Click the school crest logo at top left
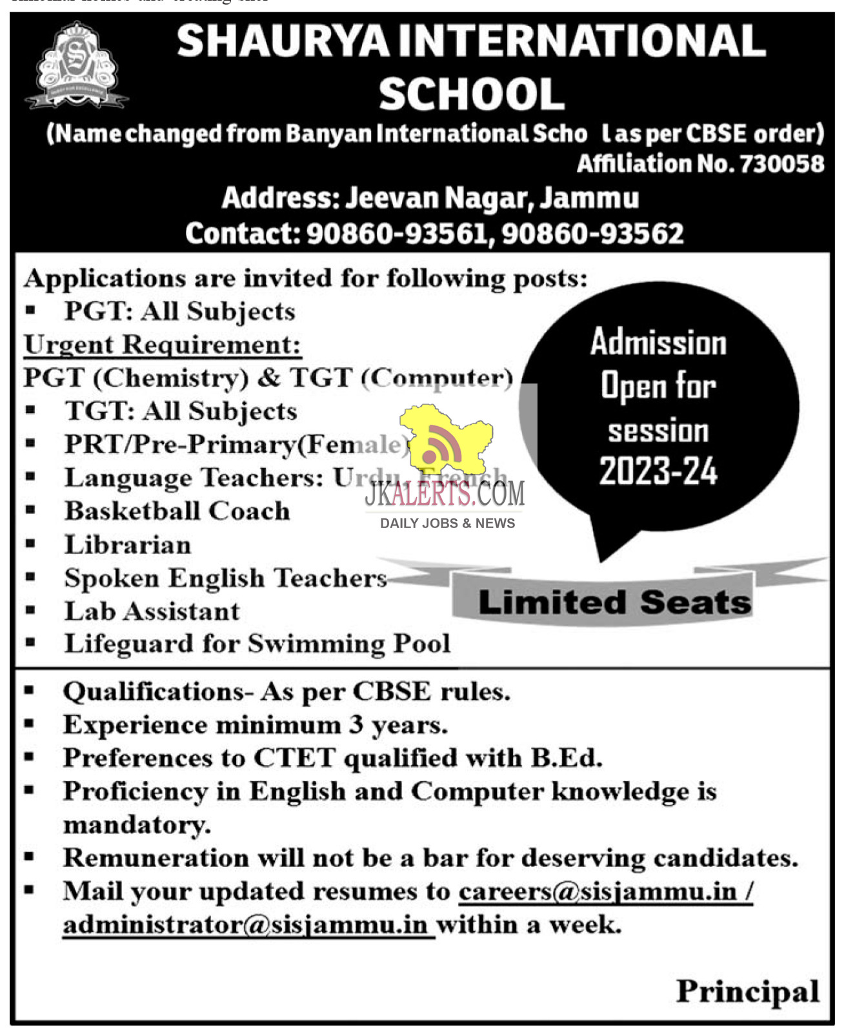tap(76, 65)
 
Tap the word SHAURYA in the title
tap(283, 41)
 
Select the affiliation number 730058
tap(781, 164)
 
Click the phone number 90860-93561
tap(396, 234)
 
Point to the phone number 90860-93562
tap(592, 234)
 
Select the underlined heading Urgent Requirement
tap(162, 345)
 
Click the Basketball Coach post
tap(177, 511)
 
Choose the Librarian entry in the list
tap(128, 545)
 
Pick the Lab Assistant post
tap(152, 611)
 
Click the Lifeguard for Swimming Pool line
tap(257, 644)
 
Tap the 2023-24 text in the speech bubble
tap(658, 471)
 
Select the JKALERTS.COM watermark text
tap(445, 495)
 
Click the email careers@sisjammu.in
tap(598, 892)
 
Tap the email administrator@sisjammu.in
tap(245, 925)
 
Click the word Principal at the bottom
tap(747, 992)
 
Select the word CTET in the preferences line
tap(294, 759)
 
